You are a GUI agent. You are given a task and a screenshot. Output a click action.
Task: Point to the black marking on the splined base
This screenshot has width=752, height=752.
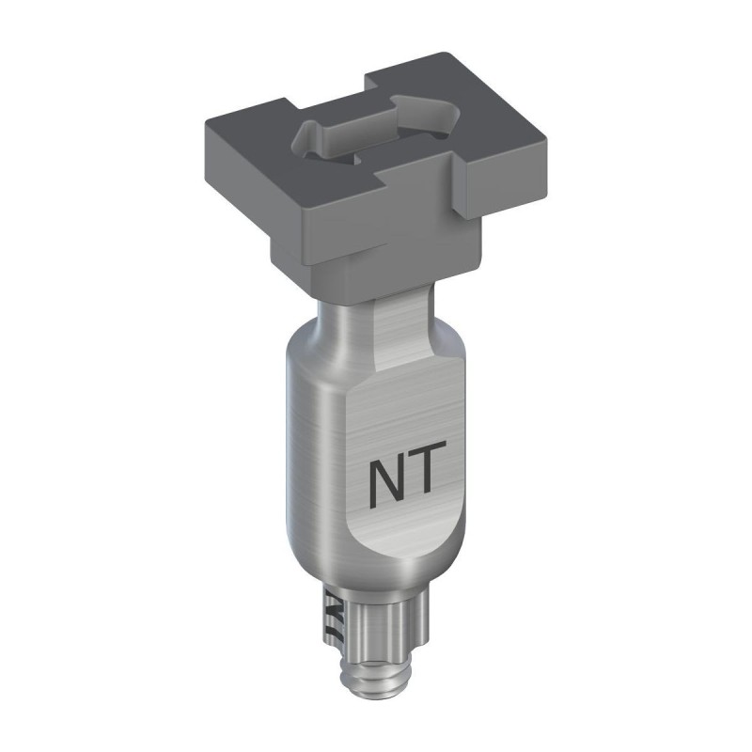click(333, 616)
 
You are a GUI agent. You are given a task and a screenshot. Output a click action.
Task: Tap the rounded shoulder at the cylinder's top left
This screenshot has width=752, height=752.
click(305, 343)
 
